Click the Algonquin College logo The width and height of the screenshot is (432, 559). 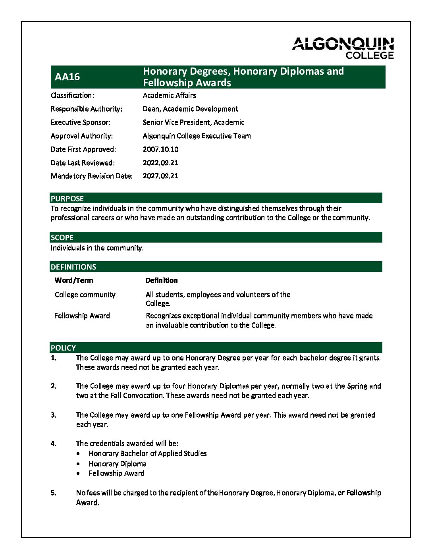(343, 48)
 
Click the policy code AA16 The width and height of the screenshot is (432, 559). (67, 77)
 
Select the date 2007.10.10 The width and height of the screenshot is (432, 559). (160, 149)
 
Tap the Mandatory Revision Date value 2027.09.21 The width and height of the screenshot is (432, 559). (160, 176)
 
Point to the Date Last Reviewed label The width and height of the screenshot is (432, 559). (83, 163)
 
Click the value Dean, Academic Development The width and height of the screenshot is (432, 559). (190, 109)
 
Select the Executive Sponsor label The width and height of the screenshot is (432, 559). (81, 122)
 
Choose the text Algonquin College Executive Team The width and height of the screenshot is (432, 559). (197, 136)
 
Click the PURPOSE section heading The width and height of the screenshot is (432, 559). (67, 199)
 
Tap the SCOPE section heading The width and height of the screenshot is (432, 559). (62, 237)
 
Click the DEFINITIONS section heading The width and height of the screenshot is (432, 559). (73, 267)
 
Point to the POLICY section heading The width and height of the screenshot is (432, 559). (63, 348)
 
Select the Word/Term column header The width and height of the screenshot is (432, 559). (74, 280)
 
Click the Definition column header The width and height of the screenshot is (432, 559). (162, 280)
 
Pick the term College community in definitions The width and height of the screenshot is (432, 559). (85, 295)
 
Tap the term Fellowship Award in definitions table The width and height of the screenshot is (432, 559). (82, 316)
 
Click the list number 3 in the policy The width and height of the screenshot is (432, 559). (53, 415)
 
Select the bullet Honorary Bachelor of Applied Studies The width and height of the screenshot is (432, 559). (147, 453)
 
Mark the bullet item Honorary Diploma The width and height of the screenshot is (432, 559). (118, 464)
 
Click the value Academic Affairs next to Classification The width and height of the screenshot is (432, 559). (169, 95)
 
